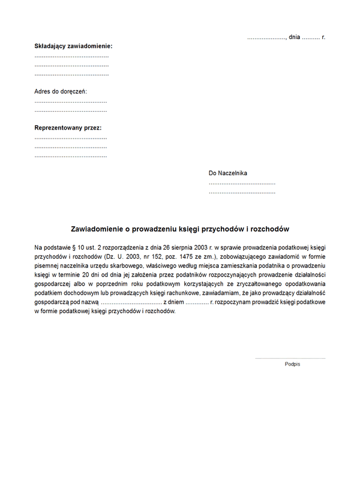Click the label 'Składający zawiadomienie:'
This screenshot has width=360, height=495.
point(73,46)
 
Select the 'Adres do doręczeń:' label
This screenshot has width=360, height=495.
point(61,91)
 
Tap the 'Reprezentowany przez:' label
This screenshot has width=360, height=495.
point(68,128)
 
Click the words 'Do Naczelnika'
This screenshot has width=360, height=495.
point(227,173)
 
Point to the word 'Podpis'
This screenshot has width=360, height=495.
point(293,364)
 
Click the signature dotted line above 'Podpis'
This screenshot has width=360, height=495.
point(290,358)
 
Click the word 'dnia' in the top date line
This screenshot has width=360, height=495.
point(294,37)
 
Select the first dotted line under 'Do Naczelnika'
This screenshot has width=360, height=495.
point(242,182)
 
